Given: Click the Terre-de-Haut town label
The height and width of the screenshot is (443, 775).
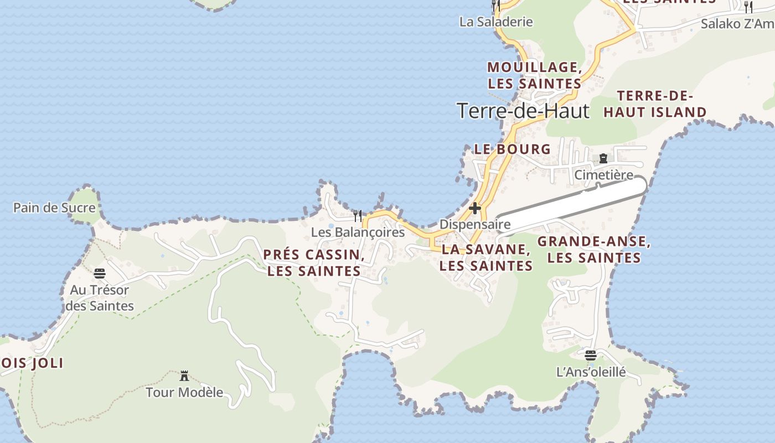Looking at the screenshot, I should (523, 111).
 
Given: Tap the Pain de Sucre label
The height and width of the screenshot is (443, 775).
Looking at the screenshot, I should (54, 208).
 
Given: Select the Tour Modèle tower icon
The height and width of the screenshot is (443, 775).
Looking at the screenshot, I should (184, 376).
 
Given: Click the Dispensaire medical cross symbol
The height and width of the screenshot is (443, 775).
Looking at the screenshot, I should (475, 209).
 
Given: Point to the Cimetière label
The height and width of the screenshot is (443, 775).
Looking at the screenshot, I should (603, 175).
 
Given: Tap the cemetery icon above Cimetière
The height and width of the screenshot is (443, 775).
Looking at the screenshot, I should (603, 158).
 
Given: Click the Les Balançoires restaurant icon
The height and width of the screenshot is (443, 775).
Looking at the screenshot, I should (358, 215).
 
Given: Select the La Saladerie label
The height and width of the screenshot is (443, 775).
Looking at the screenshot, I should (496, 22).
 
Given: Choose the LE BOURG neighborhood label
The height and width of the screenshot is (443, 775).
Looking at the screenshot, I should (513, 149).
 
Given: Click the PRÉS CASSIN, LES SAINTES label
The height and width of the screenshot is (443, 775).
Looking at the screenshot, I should (314, 263).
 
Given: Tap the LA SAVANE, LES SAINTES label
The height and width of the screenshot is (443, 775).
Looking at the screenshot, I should (486, 257).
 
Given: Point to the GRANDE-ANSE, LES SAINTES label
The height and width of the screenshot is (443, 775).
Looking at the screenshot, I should (594, 250).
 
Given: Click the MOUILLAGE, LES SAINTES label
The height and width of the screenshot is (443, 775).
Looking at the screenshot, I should (534, 75).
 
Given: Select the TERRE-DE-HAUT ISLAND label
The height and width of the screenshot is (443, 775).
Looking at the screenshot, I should (655, 104).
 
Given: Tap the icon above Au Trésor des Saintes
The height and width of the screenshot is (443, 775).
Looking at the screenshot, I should (100, 273).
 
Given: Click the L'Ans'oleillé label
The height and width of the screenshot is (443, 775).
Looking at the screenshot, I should (591, 372).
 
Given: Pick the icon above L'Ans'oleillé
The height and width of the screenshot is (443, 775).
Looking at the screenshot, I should (591, 355).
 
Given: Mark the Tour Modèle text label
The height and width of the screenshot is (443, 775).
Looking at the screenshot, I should (184, 393).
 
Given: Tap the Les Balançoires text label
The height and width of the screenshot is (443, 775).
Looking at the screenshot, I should (358, 232).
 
